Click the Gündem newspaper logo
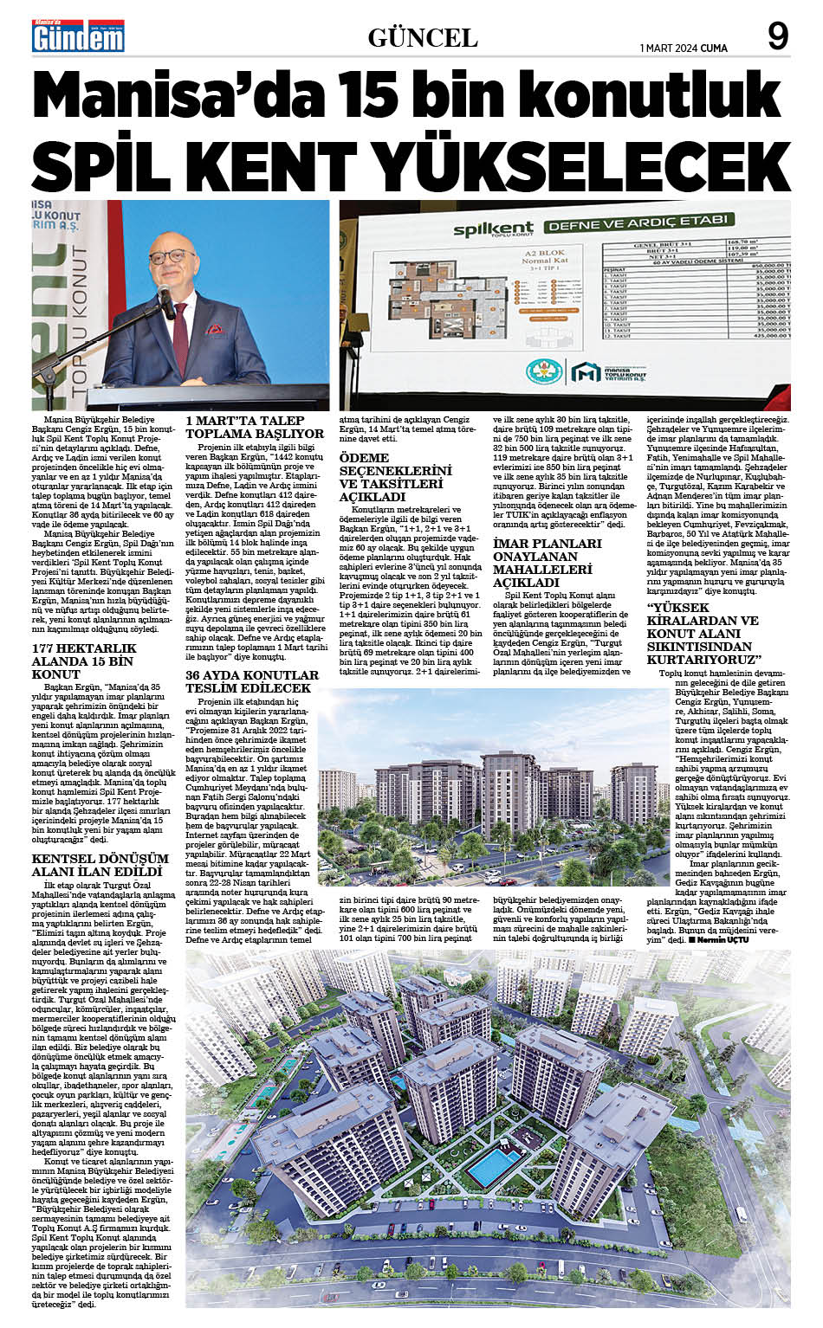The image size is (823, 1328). tap(78, 37)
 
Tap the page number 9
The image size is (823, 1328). tap(778, 36)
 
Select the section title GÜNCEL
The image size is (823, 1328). tap(423, 38)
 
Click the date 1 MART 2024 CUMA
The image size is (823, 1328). tap(684, 48)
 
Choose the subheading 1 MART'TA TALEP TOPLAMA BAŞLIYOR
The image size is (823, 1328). tap(255, 426)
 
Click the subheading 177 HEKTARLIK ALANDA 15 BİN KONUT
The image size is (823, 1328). tap(84, 661)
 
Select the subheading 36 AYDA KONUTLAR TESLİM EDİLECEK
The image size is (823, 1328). tap(252, 681)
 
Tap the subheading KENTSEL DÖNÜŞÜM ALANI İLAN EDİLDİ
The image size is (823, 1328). tap(97, 865)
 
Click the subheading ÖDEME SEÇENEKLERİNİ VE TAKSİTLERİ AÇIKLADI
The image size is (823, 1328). tap(396, 477)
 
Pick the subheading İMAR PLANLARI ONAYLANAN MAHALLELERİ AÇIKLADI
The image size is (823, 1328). tap(548, 563)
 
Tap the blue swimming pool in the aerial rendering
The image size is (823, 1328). tap(495, 1165)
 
